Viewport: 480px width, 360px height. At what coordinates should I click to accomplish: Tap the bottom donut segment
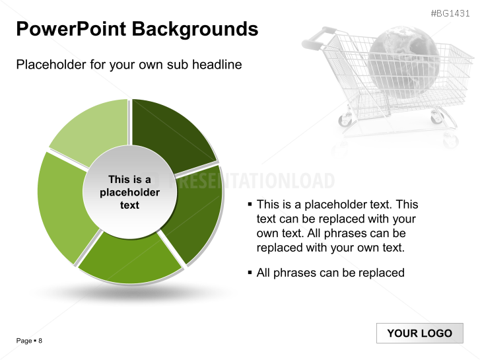(x=130, y=259)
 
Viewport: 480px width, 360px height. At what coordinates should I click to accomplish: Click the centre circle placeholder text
(x=130, y=192)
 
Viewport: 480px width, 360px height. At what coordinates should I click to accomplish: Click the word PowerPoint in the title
(x=71, y=29)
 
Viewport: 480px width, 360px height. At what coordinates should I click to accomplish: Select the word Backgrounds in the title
(x=195, y=30)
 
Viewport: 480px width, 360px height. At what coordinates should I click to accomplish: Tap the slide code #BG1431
(x=450, y=13)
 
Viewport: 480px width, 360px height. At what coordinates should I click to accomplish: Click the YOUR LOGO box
(x=420, y=333)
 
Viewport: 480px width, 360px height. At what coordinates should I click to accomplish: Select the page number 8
(x=40, y=341)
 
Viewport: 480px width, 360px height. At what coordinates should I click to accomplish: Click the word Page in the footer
(x=24, y=341)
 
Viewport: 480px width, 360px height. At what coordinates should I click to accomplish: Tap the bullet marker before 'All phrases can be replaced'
(x=250, y=272)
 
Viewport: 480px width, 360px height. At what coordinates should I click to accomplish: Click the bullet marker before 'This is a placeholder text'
(x=250, y=203)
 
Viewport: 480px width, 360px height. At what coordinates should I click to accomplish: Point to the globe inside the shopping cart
(x=404, y=61)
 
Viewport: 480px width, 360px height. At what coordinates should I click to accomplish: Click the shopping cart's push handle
(x=318, y=38)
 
